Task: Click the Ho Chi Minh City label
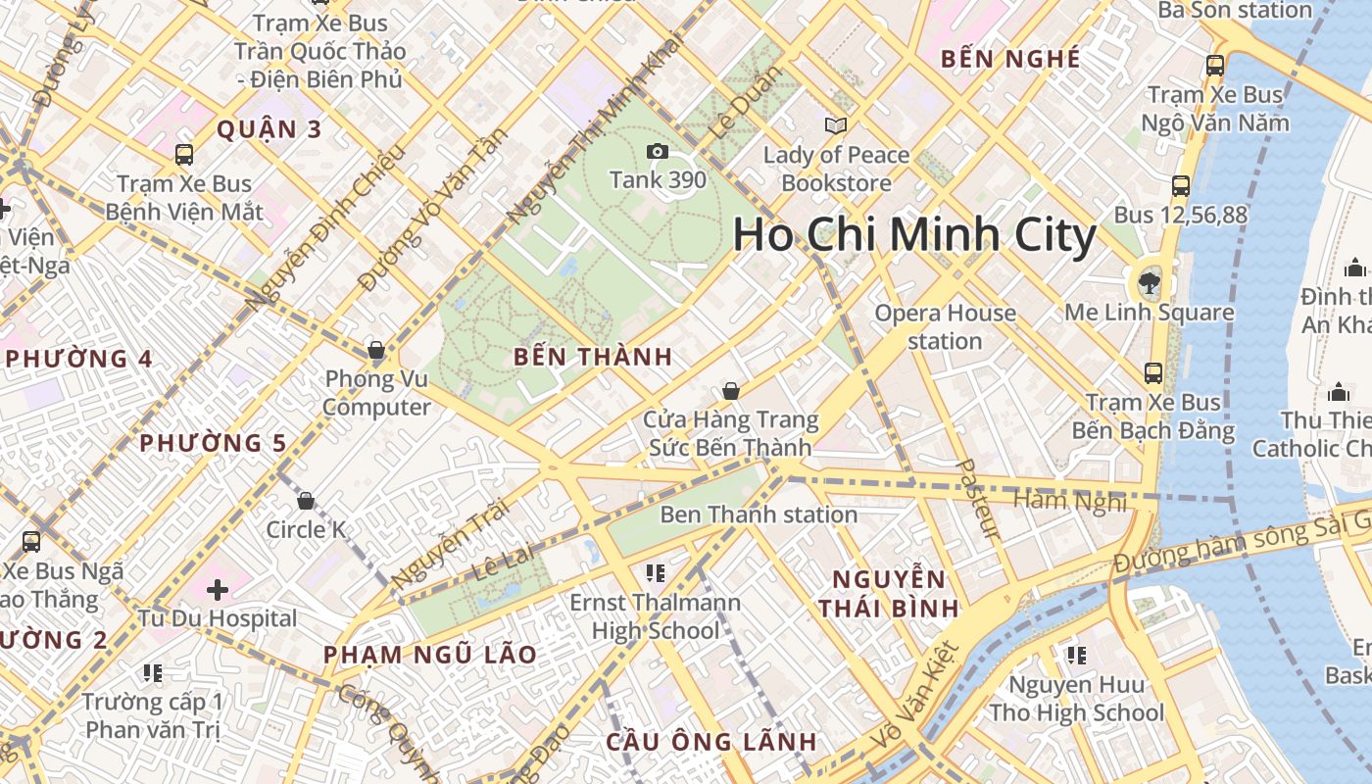pos(913,236)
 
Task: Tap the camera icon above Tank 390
pos(657,151)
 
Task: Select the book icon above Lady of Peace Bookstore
pos(835,125)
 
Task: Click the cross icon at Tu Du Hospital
pos(218,590)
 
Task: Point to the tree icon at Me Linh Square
pos(1147,284)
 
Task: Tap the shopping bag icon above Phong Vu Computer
pos(375,350)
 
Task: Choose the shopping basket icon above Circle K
pos(306,501)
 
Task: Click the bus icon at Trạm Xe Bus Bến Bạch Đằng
pos(1152,373)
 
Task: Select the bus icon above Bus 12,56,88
pos(1181,185)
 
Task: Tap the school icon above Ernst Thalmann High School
pos(656,572)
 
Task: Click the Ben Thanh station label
pos(759,514)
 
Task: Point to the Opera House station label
pos(945,326)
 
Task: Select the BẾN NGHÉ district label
pos(1009,59)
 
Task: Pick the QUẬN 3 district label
pos(269,129)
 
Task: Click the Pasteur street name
pos(978,500)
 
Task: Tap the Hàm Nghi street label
pos(1070,501)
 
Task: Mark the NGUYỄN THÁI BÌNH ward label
pos(888,592)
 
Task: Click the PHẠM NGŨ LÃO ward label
pos(430,655)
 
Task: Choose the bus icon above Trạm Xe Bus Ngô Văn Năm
pos(1215,66)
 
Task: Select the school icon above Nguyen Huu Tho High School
pos(1076,655)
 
